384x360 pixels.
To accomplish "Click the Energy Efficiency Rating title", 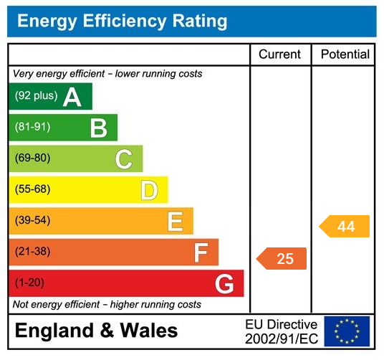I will [122, 21].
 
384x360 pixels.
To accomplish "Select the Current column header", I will [280, 55].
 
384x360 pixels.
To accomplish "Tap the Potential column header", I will [345, 55].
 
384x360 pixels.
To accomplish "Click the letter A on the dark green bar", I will [72, 97].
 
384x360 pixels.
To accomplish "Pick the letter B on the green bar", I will [98, 128].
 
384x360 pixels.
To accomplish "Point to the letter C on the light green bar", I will [123, 158].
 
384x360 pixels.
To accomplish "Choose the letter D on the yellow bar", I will [149, 190].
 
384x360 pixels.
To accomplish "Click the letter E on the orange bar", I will [175, 221].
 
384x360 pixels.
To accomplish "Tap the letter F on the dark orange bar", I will [201, 252].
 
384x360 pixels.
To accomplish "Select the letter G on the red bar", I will [224, 284].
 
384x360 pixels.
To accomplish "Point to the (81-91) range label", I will [32, 128].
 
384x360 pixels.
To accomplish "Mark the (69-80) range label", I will [32, 158].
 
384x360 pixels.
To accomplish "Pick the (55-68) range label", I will [32, 190].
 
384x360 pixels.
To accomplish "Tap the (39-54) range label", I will [32, 221].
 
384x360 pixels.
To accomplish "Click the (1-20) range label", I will [29, 283].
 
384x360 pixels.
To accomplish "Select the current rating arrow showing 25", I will [282, 259].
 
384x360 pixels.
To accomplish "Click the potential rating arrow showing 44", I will [345, 227].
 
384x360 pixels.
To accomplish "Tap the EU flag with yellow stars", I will [347, 331].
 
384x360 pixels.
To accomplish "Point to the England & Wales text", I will [96, 331].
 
